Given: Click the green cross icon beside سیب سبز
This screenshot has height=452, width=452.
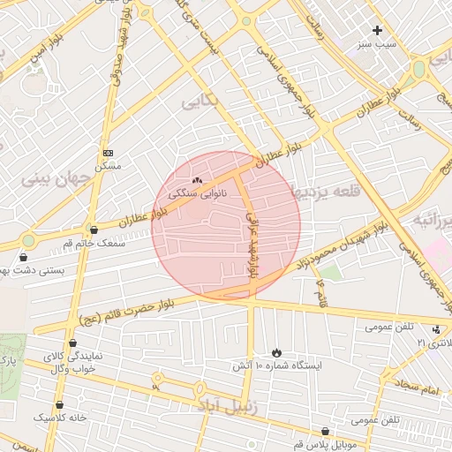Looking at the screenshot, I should point(377,30).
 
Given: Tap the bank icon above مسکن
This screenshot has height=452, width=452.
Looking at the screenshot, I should point(108,153).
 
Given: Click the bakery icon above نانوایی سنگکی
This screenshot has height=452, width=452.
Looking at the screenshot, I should point(196,179).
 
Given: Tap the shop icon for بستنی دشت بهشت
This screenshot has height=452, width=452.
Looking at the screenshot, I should point(23,258).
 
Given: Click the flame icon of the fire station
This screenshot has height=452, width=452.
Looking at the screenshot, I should point(277,352).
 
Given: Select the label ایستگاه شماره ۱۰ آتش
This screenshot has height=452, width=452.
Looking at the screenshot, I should point(277,365).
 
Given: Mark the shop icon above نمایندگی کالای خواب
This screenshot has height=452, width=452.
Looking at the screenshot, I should point(72,343).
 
